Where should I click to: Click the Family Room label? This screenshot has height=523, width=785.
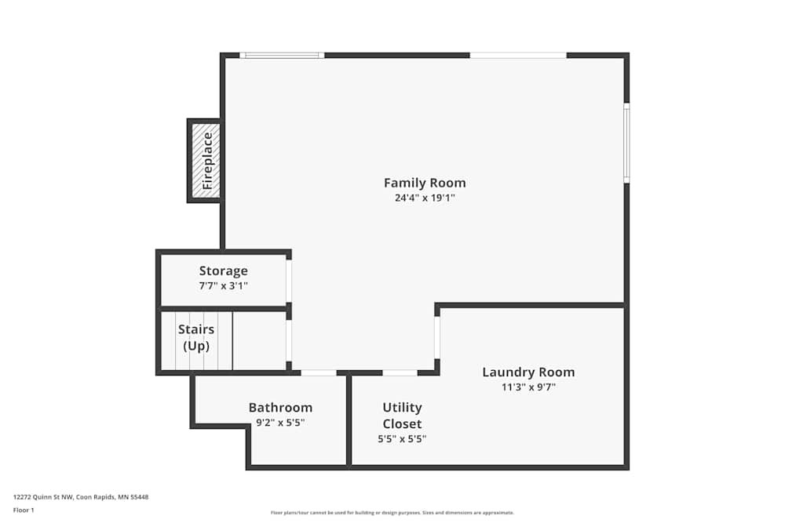(x=425, y=183)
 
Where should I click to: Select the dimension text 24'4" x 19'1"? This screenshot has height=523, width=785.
(x=425, y=198)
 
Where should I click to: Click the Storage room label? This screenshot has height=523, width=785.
(x=223, y=271)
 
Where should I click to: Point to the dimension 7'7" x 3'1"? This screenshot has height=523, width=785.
(x=223, y=286)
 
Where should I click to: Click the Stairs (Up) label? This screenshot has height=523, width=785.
(x=195, y=337)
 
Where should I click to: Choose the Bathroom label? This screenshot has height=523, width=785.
(x=280, y=408)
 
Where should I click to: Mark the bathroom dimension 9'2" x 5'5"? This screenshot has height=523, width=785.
(x=280, y=423)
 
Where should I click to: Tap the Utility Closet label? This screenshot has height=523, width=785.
(x=402, y=416)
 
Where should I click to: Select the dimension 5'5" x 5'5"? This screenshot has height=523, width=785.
(x=402, y=439)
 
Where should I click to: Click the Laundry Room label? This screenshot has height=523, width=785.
(x=528, y=372)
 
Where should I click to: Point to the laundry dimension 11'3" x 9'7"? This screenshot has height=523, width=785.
(x=528, y=387)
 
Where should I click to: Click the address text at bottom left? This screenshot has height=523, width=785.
(x=81, y=497)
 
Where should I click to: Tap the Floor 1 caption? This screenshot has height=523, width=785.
(x=24, y=510)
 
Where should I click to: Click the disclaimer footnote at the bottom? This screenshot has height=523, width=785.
(x=392, y=512)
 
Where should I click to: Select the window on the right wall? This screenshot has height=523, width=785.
(x=626, y=143)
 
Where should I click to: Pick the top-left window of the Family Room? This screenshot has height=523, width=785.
(x=282, y=55)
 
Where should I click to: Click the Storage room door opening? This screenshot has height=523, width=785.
(x=289, y=281)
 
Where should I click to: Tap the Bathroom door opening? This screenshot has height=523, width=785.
(x=319, y=372)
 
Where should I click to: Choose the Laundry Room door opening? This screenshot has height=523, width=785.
(x=437, y=337)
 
